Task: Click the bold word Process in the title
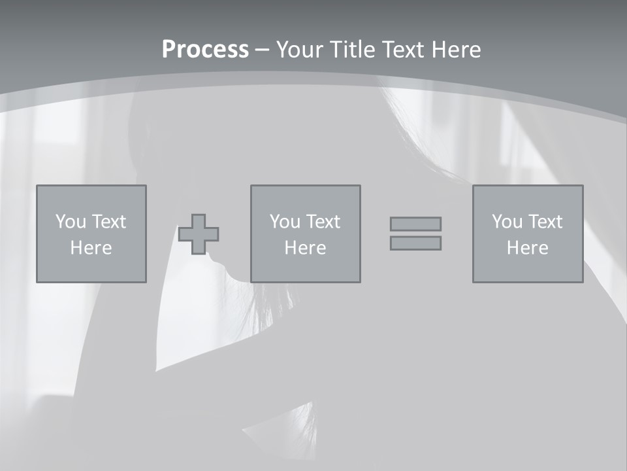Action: tap(205, 50)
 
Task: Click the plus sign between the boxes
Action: tap(199, 234)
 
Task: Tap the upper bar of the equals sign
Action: tap(415, 224)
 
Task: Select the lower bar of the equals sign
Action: tap(415, 243)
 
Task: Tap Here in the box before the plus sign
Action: tap(91, 248)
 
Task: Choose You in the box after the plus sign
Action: tap(285, 222)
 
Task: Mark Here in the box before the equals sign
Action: tap(305, 248)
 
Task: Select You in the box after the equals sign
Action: tap(507, 222)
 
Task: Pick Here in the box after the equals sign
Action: tap(527, 248)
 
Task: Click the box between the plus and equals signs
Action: tap(305, 268)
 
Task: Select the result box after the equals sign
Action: tap(527, 268)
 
